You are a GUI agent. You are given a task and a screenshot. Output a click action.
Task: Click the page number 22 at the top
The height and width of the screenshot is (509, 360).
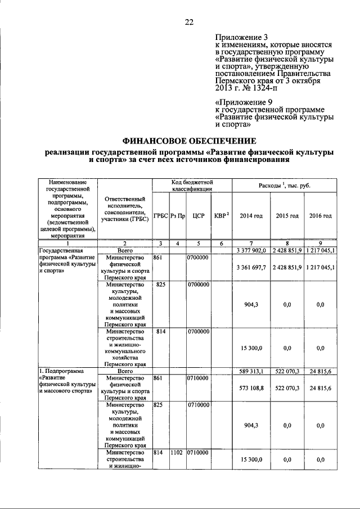(x=189, y=22)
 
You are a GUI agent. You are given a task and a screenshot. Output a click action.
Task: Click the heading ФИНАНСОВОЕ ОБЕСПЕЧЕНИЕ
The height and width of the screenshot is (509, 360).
(x=189, y=141)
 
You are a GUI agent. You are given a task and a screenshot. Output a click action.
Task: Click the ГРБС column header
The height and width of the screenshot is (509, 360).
(x=161, y=216)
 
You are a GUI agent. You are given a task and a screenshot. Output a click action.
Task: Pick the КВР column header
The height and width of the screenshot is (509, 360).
(x=221, y=216)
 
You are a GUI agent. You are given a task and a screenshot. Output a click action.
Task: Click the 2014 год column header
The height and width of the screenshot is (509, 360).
(x=251, y=216)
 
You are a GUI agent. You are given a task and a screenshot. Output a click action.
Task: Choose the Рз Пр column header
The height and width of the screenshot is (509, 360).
(x=178, y=216)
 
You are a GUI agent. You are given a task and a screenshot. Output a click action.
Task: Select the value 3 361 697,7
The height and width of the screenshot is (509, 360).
(x=251, y=267)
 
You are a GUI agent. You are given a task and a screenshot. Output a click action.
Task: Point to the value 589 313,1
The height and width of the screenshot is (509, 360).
(x=251, y=372)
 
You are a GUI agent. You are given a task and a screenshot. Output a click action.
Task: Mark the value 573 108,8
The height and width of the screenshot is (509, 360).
(x=251, y=388)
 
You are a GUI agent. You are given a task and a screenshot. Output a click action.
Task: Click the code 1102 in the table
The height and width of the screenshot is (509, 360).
(x=178, y=452)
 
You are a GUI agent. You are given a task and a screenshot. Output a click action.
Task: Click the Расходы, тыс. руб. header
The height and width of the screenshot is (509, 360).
(x=286, y=186)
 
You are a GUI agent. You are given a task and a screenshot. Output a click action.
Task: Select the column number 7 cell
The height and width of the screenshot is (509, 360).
(x=251, y=243)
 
